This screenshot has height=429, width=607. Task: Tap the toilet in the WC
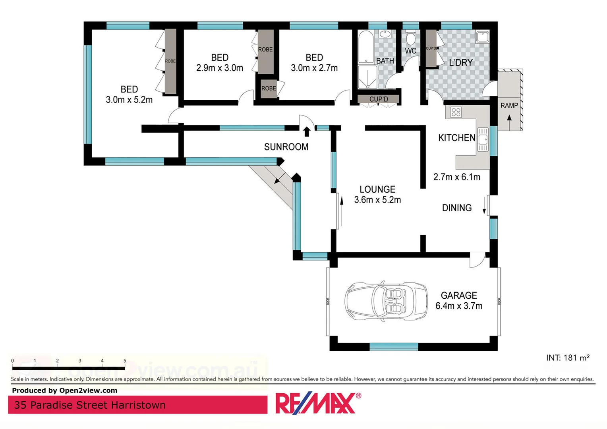(411, 39)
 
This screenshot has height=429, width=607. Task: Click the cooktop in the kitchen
(456, 112)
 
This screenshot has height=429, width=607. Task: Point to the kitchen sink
(483, 139)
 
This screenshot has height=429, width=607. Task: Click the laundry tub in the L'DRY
(483, 37)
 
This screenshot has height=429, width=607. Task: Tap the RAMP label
(509, 105)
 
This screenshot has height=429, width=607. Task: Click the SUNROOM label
(286, 147)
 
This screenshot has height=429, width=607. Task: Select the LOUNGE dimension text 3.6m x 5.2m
(377, 200)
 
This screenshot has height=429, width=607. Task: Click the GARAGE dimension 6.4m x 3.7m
(459, 306)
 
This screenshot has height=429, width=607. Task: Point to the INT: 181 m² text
(567, 357)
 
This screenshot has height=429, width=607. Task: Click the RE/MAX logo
(318, 403)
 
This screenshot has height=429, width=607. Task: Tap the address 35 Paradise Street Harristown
(90, 405)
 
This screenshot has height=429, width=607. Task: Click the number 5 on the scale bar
(125, 361)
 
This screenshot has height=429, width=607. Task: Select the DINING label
(457, 208)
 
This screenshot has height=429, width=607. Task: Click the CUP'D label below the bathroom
(379, 99)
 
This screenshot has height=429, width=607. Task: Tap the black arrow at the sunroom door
(307, 131)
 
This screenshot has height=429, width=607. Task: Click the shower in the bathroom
(367, 77)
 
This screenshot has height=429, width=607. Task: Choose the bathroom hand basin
(385, 34)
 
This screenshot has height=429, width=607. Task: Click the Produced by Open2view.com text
(65, 390)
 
